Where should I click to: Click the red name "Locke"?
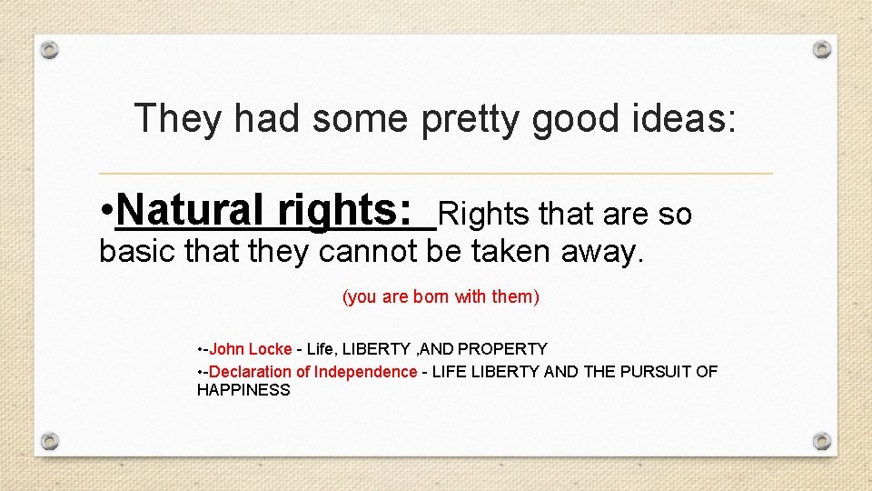pyautogui.click(x=270, y=349)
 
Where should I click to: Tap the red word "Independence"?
pyautogui.click(x=366, y=372)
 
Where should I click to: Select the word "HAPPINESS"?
pyautogui.click(x=243, y=390)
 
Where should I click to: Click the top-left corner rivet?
pyautogui.click(x=51, y=49)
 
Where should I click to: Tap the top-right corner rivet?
pyautogui.click(x=821, y=49)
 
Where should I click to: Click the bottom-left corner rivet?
pyautogui.click(x=51, y=441)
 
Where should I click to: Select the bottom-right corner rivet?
pyautogui.click(x=821, y=441)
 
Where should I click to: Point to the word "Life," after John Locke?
pyautogui.click(x=322, y=349)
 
